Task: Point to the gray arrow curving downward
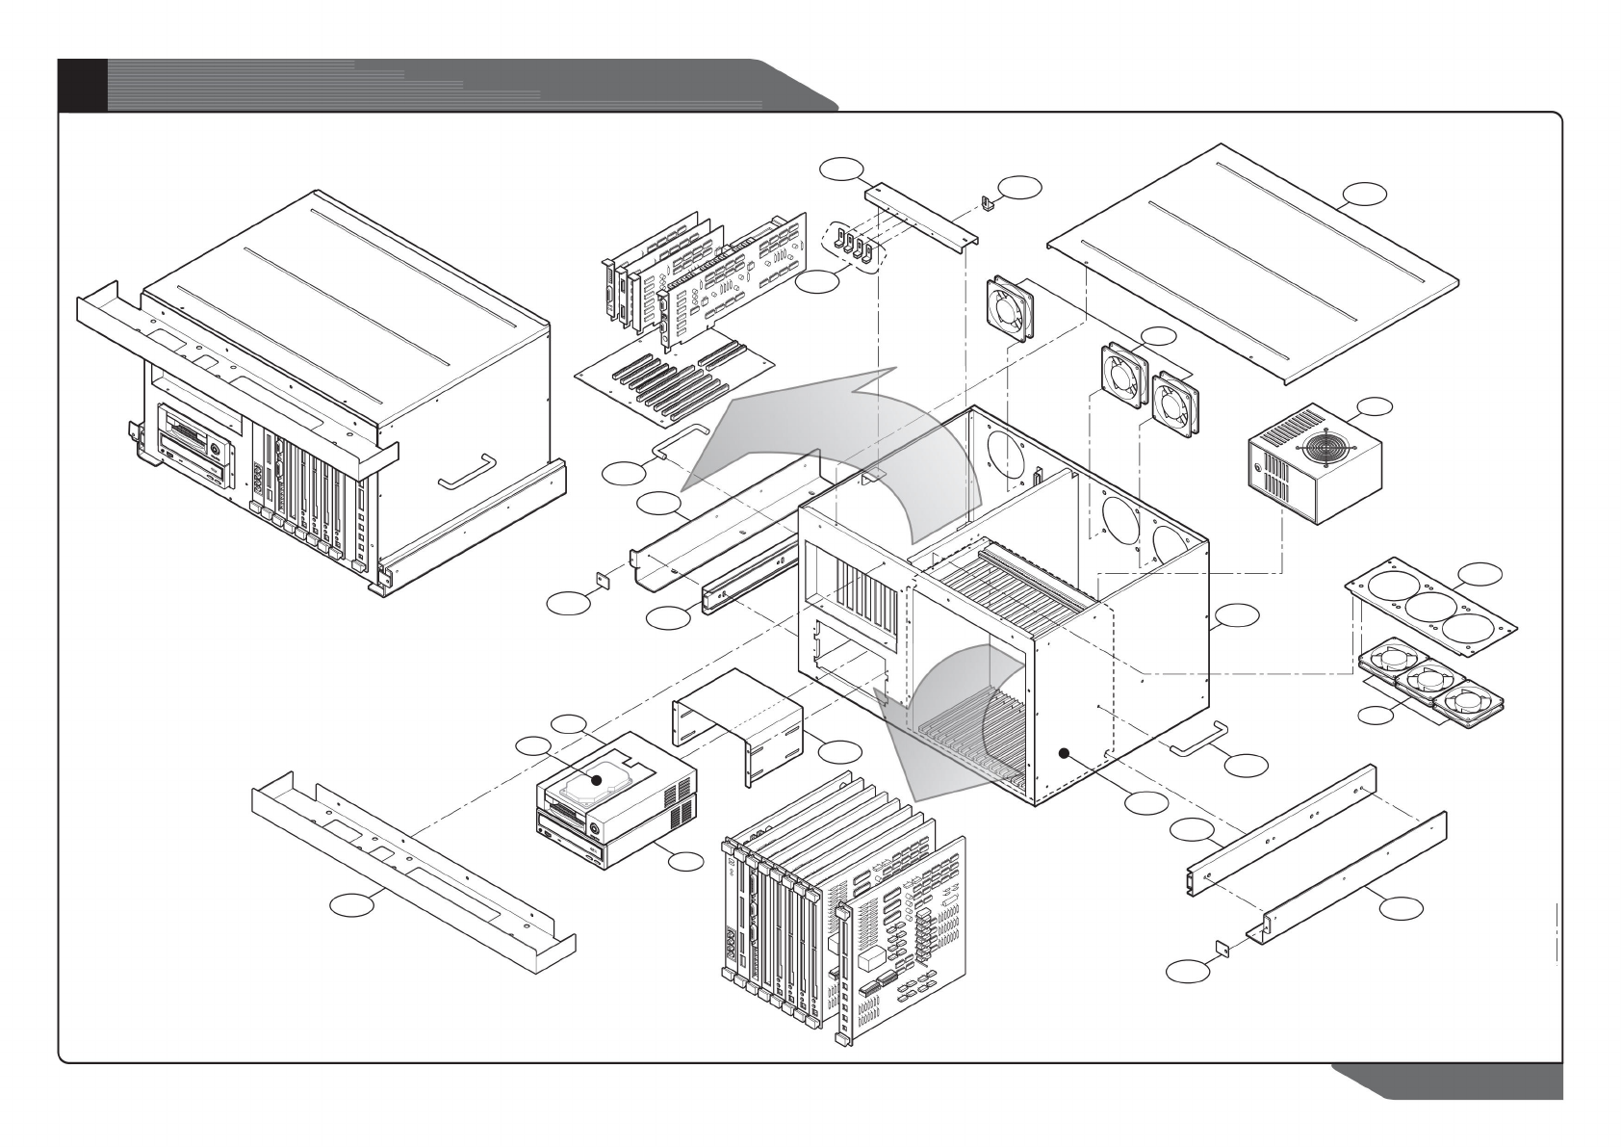coord(948,722)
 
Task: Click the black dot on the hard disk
coord(597,781)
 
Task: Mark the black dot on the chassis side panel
coord(1065,755)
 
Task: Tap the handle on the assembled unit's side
coord(466,472)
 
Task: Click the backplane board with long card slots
coord(674,380)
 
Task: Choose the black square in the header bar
coord(82,84)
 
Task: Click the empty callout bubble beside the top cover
coord(1366,194)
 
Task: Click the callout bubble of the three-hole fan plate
coord(1479,574)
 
